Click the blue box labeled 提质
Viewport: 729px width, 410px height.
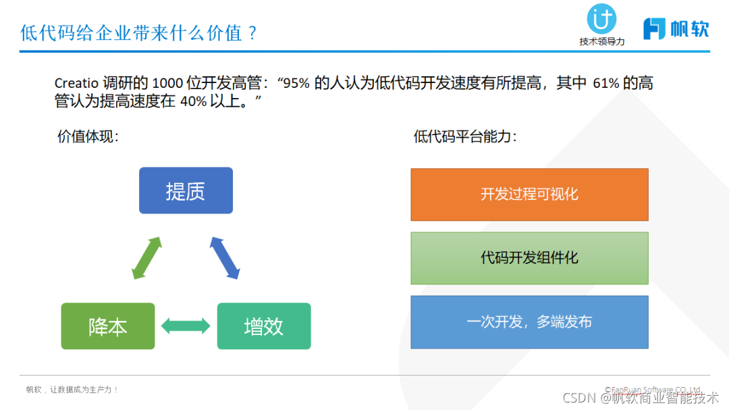(x=186, y=190)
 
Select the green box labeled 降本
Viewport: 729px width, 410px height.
(x=108, y=326)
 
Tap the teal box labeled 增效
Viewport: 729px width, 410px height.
(x=264, y=326)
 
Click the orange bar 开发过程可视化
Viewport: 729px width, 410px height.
(x=529, y=195)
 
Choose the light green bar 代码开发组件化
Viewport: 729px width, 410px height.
(x=529, y=258)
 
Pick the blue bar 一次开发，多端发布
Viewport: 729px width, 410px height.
(x=529, y=322)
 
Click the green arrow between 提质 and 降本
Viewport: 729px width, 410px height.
(x=146, y=258)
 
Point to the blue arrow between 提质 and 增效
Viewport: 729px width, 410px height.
(x=225, y=258)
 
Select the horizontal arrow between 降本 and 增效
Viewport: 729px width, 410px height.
(x=186, y=327)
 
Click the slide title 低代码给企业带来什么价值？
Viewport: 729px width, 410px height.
(x=139, y=32)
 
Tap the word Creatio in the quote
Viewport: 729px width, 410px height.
(x=76, y=84)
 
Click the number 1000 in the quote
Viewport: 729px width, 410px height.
(x=168, y=84)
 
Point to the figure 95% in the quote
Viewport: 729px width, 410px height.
(x=296, y=84)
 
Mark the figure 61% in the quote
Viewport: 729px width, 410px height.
(x=606, y=84)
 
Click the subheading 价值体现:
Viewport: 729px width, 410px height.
(x=88, y=136)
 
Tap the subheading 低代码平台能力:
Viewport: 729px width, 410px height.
(x=465, y=136)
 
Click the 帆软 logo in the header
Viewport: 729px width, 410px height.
(x=676, y=28)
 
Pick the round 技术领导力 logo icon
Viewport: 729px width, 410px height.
(x=601, y=19)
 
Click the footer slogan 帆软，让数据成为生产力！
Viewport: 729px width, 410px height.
(x=72, y=390)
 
